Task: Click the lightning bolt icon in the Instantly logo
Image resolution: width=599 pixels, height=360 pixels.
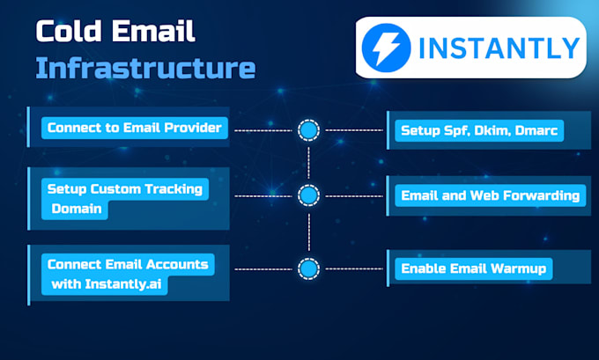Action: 390,47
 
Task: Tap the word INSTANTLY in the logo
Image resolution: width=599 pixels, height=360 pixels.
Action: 499,48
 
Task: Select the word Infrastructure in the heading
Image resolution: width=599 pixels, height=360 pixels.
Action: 145,67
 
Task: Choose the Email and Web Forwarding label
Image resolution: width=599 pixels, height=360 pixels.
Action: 490,195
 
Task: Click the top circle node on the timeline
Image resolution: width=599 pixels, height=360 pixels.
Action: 307,130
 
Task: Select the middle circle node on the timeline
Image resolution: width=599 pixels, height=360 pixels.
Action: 307,195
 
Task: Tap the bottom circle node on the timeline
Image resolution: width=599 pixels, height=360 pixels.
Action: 307,268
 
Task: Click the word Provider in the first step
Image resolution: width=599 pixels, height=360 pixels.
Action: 196,129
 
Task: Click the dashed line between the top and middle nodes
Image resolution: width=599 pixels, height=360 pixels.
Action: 307,162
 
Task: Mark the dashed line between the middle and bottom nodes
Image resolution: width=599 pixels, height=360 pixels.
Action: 307,231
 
